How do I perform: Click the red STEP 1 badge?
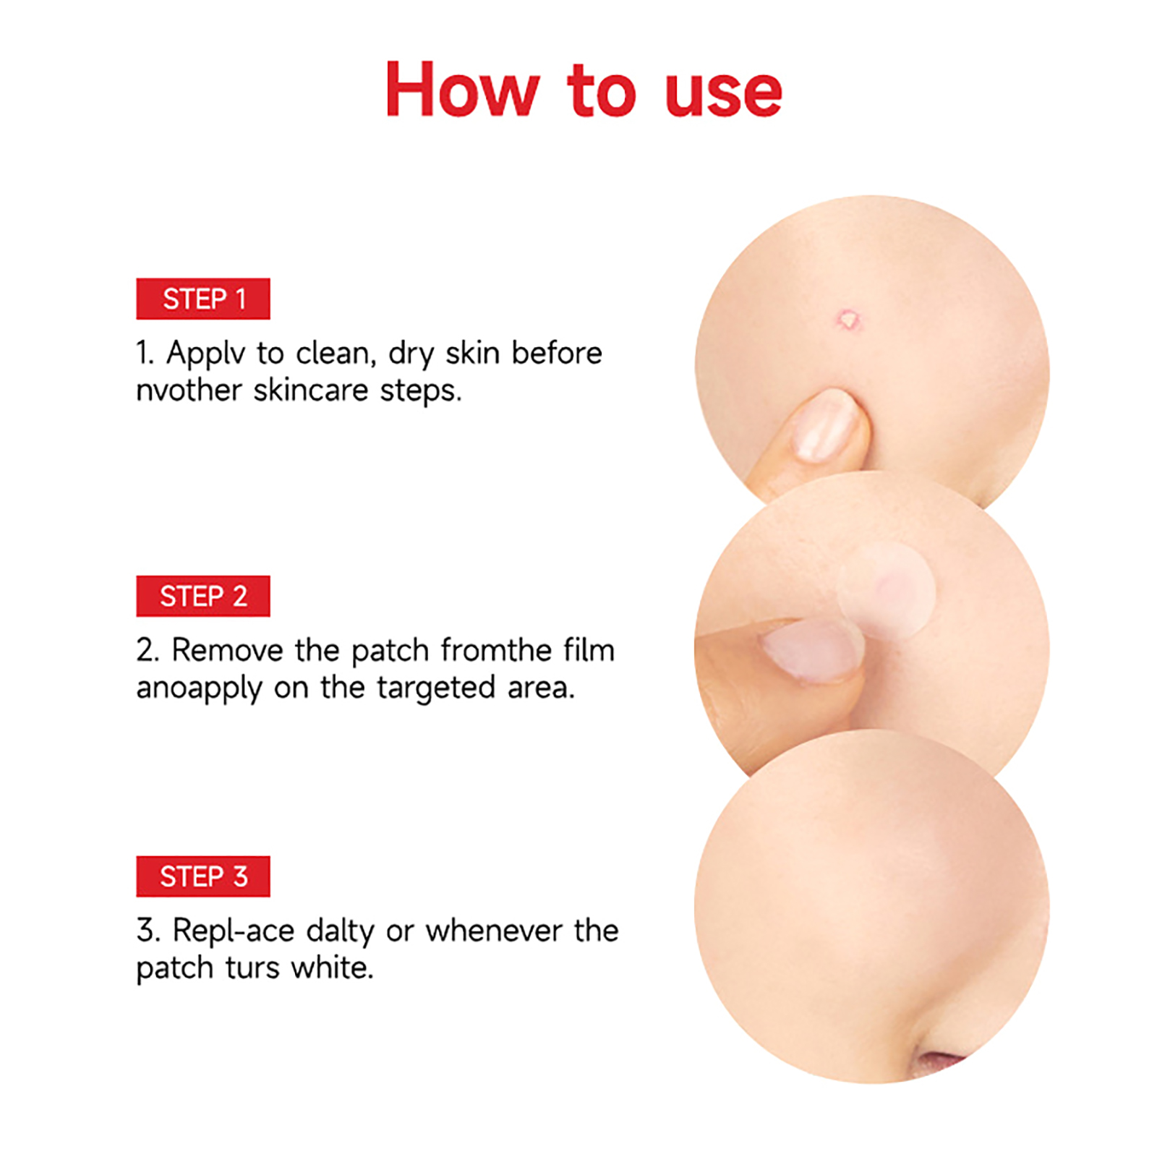(x=202, y=299)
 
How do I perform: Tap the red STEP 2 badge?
(x=202, y=596)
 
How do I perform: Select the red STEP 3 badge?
(x=202, y=876)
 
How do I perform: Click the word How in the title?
(x=463, y=90)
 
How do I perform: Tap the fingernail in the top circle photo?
(x=824, y=427)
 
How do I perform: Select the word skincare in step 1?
(x=311, y=390)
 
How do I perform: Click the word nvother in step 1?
(x=189, y=390)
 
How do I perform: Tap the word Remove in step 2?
(x=228, y=650)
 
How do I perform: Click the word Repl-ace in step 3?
(x=234, y=931)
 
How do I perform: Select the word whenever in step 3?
(x=493, y=931)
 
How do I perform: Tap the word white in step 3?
(x=332, y=968)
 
